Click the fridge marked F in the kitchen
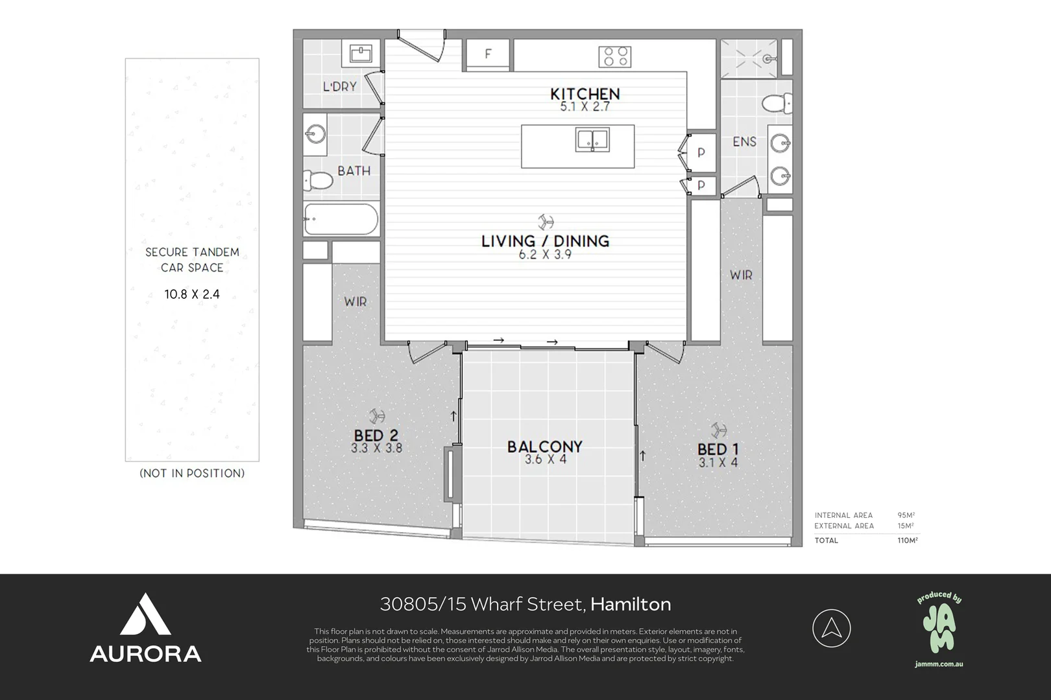tap(488, 54)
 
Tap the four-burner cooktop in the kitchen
tap(614, 56)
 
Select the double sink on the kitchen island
tap(592, 139)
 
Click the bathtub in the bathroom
tap(341, 219)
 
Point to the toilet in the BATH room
tap(317, 180)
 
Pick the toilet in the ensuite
tap(777, 103)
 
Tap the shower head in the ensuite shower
tap(769, 59)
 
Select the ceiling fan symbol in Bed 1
tap(718, 430)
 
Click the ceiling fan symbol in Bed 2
tap(376, 415)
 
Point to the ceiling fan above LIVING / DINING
tap(545, 221)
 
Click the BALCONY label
tap(545, 447)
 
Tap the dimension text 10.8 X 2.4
tap(192, 294)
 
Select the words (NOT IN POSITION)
tap(192, 473)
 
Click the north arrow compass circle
tap(831, 628)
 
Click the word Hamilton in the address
tap(631, 604)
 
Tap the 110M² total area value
tap(907, 540)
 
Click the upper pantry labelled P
tap(701, 153)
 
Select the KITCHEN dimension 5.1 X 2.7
tap(585, 107)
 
